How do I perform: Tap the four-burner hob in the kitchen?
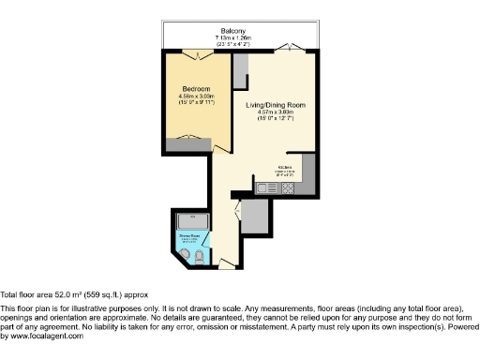(x=288, y=187)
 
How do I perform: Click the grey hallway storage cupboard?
(x=256, y=217)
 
